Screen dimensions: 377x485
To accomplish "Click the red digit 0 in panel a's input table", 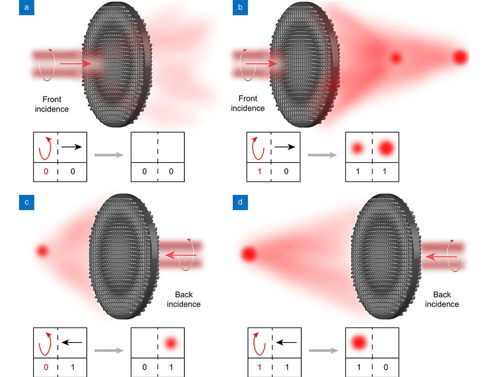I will (46, 171).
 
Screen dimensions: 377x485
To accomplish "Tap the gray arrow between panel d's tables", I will (323, 350).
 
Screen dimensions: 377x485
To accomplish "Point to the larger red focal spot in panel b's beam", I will (460, 57).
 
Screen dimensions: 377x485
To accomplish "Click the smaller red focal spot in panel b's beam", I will (396, 58).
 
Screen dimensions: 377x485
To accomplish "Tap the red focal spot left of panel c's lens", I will (43, 251).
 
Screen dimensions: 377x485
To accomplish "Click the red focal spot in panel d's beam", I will (249, 253).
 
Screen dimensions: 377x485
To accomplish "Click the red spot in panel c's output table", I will (170, 343).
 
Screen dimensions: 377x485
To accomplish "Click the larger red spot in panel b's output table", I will (386, 148).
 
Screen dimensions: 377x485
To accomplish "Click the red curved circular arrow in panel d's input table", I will (259, 343).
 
